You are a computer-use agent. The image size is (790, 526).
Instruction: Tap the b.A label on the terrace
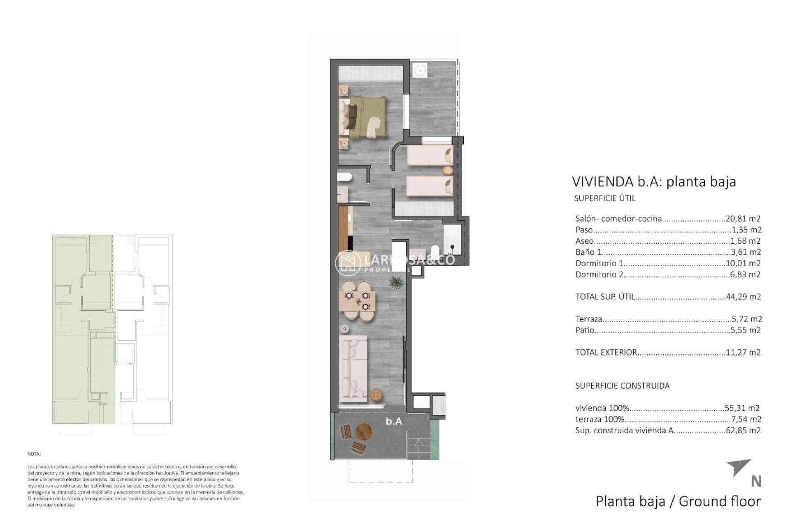tap(394, 421)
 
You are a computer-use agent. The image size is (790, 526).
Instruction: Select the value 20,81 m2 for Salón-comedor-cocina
tap(743, 219)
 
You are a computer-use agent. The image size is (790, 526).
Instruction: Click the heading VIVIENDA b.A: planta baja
tap(653, 181)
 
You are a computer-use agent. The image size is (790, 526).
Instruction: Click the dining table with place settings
tap(358, 301)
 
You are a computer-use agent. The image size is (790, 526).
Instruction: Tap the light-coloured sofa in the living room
tap(352, 369)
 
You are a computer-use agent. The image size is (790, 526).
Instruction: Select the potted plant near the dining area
tap(396, 282)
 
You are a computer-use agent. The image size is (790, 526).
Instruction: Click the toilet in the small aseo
tap(344, 177)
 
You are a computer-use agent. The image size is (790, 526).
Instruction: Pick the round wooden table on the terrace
tap(364, 432)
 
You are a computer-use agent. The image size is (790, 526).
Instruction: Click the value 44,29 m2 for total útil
tap(743, 297)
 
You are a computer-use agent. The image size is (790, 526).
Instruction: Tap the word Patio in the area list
tap(585, 330)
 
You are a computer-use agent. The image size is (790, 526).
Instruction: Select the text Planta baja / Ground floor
tap(678, 501)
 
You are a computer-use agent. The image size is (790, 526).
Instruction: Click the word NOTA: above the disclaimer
tap(34, 454)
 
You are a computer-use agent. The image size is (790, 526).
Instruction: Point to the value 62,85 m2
tap(743, 430)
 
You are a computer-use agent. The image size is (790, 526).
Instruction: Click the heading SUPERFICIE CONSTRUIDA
tap(622, 385)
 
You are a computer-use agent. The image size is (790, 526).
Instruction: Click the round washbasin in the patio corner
tap(420, 70)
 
